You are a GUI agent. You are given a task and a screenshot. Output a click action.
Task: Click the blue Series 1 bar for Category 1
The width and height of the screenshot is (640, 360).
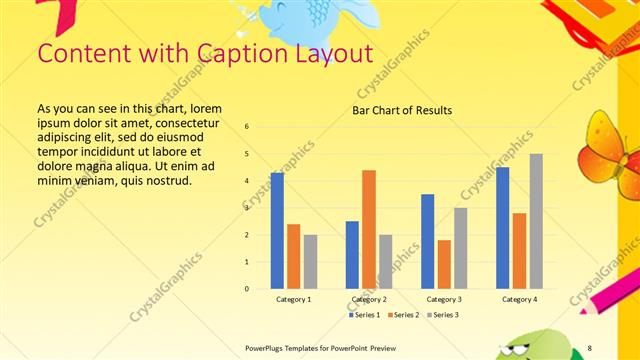click(277, 231)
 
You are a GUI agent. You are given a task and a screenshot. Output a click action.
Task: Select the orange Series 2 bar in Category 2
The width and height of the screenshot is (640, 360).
click(369, 229)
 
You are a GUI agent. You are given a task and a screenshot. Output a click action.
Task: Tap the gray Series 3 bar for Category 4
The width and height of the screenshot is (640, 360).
click(536, 221)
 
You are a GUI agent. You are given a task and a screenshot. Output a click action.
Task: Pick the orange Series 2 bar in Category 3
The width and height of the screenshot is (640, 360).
click(444, 264)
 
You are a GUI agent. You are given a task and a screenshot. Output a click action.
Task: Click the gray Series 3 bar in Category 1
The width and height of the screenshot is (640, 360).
click(310, 262)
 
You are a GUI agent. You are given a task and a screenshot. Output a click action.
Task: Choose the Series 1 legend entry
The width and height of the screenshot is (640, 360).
click(363, 315)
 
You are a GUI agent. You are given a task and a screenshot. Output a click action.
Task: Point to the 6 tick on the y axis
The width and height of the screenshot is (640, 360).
click(247, 126)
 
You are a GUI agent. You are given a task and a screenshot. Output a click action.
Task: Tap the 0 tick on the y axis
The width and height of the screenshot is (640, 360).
click(247, 289)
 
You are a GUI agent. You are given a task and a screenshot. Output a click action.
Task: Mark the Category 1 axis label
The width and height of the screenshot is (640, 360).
click(293, 299)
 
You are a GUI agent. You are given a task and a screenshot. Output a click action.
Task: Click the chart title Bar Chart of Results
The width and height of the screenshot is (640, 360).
click(402, 110)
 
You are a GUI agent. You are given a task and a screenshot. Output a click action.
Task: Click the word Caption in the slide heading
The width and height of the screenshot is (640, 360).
click(218, 52)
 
